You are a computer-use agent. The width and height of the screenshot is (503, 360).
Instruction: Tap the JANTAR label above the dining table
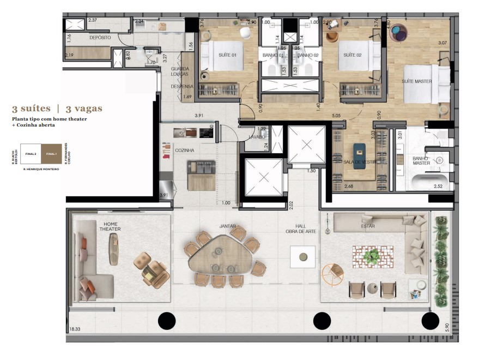point(227,225)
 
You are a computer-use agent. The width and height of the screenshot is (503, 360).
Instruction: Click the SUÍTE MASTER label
point(417,81)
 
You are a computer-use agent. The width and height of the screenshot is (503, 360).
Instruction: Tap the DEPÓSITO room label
point(100,38)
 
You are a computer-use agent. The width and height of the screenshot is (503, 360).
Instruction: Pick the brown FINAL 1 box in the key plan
point(52,154)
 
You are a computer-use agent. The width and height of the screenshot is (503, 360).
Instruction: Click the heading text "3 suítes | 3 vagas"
point(57,109)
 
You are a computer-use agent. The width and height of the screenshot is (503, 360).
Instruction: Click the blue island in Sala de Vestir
point(359,155)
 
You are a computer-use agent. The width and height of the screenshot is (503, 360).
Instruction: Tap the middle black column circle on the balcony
point(322,320)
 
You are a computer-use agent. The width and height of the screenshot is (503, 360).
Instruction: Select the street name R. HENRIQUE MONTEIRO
point(38,170)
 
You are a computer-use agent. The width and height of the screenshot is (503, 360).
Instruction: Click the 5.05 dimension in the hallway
point(336,116)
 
